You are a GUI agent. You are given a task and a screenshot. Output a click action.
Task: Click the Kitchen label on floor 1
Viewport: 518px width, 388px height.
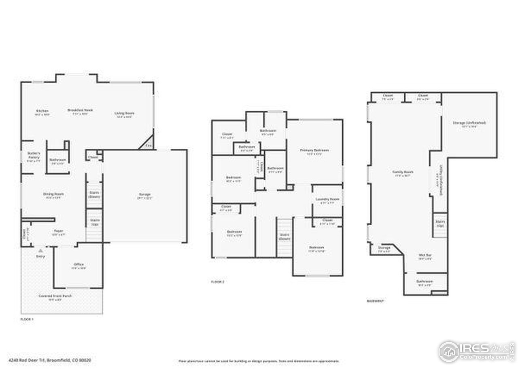[42, 111]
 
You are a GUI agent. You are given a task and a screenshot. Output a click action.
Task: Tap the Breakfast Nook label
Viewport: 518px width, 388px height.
[80, 110]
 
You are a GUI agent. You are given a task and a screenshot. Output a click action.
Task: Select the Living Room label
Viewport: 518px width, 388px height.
[124, 113]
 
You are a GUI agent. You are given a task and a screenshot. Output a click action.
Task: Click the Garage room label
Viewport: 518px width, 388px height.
[144, 194]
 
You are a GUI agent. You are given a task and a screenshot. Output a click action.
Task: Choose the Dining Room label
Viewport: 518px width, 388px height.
[53, 194]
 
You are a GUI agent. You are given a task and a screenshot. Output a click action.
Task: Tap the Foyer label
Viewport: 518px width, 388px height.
[59, 231]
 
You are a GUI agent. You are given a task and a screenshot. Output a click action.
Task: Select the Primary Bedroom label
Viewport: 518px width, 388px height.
[314, 150]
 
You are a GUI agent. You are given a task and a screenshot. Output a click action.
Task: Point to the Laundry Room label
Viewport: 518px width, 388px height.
[327, 199]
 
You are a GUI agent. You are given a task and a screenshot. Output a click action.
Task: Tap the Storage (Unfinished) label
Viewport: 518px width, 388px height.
[469, 122]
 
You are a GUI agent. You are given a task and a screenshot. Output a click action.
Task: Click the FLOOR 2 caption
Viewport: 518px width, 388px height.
[217, 282]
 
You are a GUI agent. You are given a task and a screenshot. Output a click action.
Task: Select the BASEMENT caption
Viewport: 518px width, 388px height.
[375, 301]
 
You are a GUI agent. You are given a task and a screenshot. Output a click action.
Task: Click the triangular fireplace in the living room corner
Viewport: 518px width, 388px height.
[148, 144]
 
